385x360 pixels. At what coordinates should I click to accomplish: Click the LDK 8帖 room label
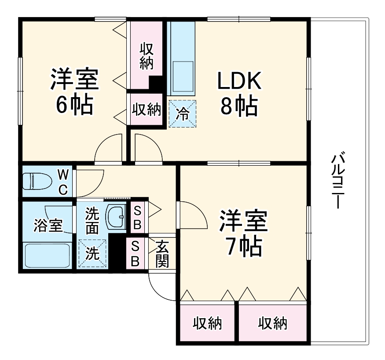coord(239,93)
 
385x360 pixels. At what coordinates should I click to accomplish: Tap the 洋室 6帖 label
coord(74,92)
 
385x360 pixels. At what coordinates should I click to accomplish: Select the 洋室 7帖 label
coord(243,233)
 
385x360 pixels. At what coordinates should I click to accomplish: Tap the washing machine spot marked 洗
coord(92,254)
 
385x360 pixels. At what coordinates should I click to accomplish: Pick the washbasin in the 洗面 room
coord(117,216)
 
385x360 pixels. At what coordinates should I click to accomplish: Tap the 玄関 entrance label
coord(162,254)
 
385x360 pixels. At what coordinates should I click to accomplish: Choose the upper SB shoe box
coord(137,217)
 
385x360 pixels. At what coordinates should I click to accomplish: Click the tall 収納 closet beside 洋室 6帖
coord(146,55)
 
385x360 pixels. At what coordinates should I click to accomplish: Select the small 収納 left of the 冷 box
coord(147,109)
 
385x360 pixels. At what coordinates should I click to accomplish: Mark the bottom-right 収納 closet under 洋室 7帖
coord(272,324)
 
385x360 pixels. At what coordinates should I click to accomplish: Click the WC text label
coord(63,182)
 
